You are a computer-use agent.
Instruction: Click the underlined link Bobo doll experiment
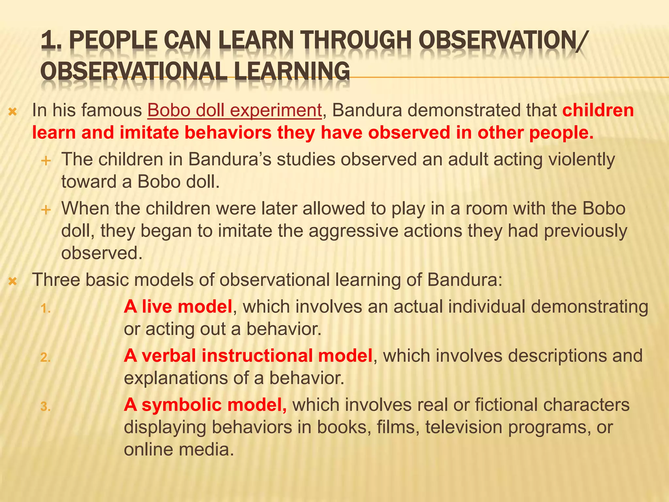(x=235, y=110)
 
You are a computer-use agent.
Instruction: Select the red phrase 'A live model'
(x=178, y=307)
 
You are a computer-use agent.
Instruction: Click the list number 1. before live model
(x=45, y=308)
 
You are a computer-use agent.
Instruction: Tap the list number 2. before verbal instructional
(x=45, y=358)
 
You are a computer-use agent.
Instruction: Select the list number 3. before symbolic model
(x=45, y=407)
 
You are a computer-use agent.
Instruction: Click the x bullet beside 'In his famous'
(x=12, y=112)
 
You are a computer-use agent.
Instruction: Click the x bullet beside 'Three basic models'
(x=12, y=281)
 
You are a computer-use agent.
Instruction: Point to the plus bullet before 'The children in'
(x=46, y=161)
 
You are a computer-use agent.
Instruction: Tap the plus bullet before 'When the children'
(x=46, y=210)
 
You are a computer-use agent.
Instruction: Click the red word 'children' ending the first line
(x=598, y=110)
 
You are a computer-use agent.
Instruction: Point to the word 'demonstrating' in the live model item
(x=589, y=307)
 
